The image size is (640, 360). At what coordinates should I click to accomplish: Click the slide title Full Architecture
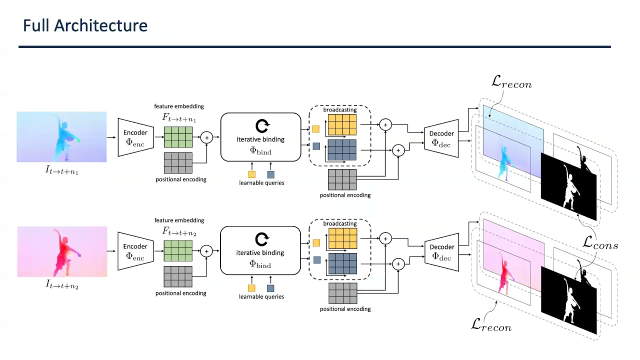tap(85, 26)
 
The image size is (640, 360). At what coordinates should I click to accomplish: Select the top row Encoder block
tap(135, 137)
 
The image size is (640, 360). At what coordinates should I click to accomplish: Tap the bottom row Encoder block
tap(135, 251)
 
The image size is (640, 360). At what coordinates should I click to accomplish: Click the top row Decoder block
tap(441, 138)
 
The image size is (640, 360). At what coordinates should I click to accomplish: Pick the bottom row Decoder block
tap(441, 251)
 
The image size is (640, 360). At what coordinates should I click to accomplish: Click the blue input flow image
tap(61, 136)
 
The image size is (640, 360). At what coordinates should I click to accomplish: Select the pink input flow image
tap(62, 251)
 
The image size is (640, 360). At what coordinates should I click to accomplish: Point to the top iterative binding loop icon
tap(261, 125)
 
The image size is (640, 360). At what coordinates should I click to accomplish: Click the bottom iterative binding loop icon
tap(261, 239)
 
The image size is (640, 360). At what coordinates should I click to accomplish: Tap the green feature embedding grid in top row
tap(178, 137)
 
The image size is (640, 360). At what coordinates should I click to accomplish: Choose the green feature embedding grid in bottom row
tap(178, 250)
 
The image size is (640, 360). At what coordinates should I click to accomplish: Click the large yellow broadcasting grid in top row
tap(342, 125)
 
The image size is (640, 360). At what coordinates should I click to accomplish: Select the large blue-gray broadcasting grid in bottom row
tap(342, 263)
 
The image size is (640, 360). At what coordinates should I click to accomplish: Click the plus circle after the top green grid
tap(206, 137)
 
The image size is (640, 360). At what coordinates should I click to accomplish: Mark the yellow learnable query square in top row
tap(251, 174)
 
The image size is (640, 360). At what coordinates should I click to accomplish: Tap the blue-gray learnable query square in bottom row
tap(270, 288)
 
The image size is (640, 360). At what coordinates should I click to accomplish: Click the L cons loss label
tap(600, 244)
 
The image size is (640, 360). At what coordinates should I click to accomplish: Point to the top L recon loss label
tap(511, 82)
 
